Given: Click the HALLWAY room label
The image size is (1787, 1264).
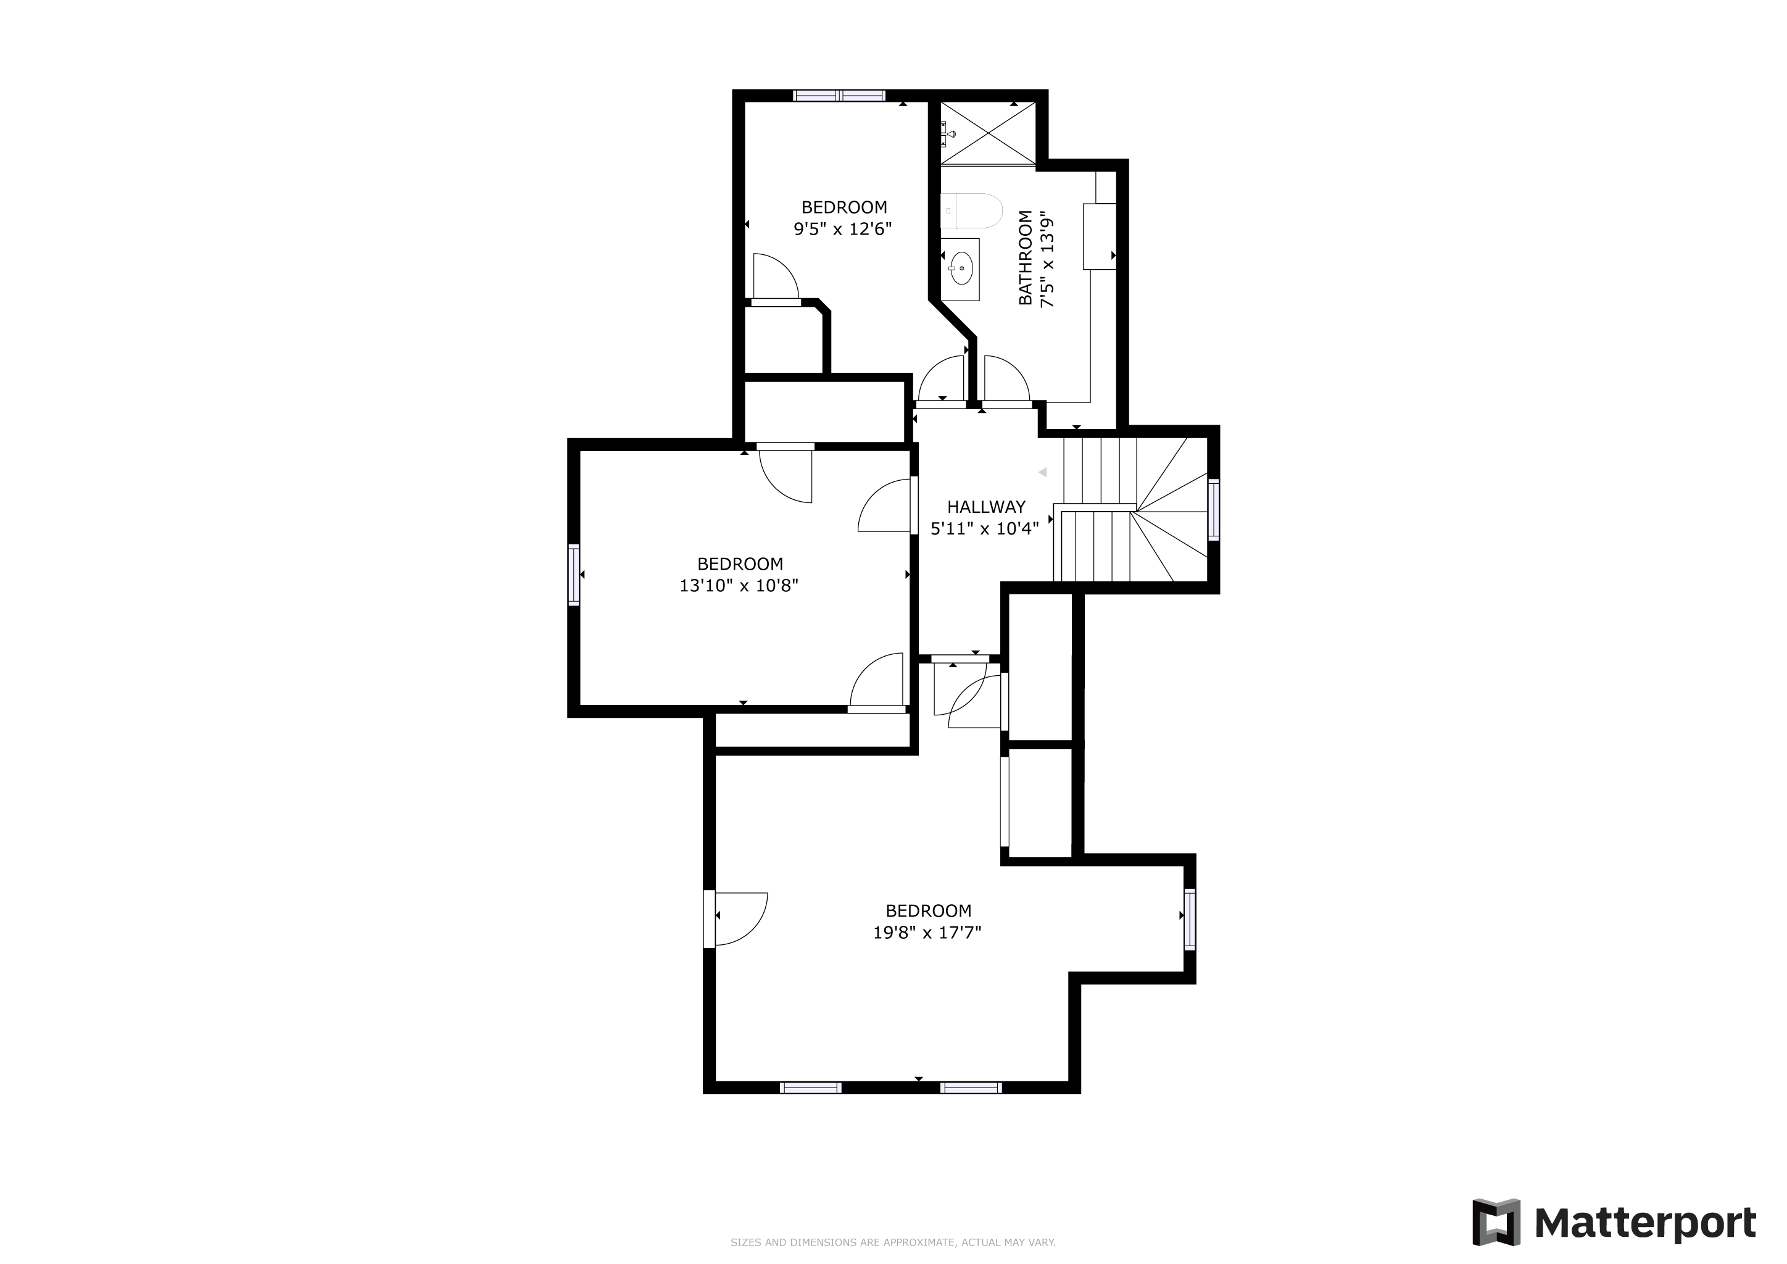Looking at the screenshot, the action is (x=986, y=507).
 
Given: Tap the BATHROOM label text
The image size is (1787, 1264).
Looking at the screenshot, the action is (x=1026, y=257).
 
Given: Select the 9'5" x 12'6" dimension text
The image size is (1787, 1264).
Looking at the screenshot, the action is (x=842, y=229).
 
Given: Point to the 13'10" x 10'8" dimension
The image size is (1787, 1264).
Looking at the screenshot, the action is (x=739, y=585).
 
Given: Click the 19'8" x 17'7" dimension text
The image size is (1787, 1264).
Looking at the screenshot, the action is (x=927, y=933).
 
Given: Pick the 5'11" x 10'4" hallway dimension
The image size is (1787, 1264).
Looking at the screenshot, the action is (x=985, y=528).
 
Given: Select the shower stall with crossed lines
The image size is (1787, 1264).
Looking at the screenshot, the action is (x=989, y=133).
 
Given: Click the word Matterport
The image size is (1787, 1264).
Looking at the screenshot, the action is (x=1645, y=1223).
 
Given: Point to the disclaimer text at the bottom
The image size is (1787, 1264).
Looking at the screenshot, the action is (x=893, y=1243).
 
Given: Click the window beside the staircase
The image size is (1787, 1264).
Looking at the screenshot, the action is (x=1213, y=509).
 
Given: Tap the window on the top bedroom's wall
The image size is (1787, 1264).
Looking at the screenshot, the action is (x=839, y=96).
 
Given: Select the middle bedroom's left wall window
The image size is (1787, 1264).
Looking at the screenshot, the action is (x=574, y=575).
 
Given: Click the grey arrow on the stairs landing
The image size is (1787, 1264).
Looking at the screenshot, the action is (x=1043, y=472).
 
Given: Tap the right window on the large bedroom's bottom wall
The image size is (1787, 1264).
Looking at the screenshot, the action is (x=971, y=1087).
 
